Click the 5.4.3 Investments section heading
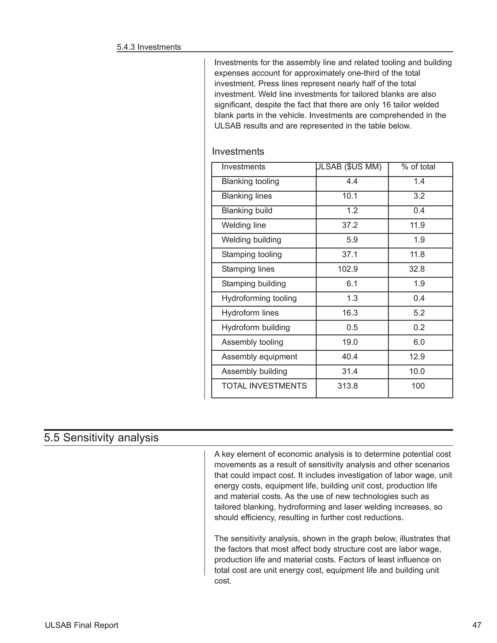point(149,47)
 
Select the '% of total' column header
point(418,167)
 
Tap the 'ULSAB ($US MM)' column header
point(349,167)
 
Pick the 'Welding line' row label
point(243,225)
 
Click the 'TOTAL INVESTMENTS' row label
point(264,386)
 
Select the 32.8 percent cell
point(417,269)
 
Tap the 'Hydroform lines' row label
point(250,313)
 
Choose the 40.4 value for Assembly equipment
point(349,357)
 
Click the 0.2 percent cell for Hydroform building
point(419,328)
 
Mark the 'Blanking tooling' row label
point(250,181)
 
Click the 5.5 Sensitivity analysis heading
point(101,438)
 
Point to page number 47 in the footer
point(477,625)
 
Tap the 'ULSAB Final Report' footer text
point(82,625)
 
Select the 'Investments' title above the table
point(238,152)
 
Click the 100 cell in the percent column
point(418,386)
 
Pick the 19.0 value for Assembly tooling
point(349,342)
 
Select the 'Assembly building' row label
point(254,371)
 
